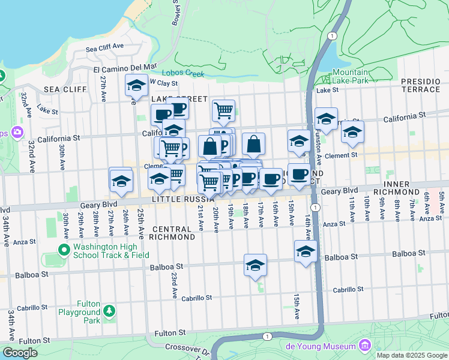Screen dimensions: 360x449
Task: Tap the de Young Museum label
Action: click(330, 346)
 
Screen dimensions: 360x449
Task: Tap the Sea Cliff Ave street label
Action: click(104, 46)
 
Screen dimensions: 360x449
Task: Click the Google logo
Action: click(20, 353)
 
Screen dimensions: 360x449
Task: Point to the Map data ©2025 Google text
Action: click(411, 355)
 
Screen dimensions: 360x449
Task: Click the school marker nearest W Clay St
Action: click(136, 85)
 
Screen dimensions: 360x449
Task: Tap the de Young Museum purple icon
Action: click(364, 346)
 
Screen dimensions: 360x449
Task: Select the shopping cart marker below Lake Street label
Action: click(223, 110)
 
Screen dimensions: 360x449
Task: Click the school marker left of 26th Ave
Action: click(121, 180)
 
